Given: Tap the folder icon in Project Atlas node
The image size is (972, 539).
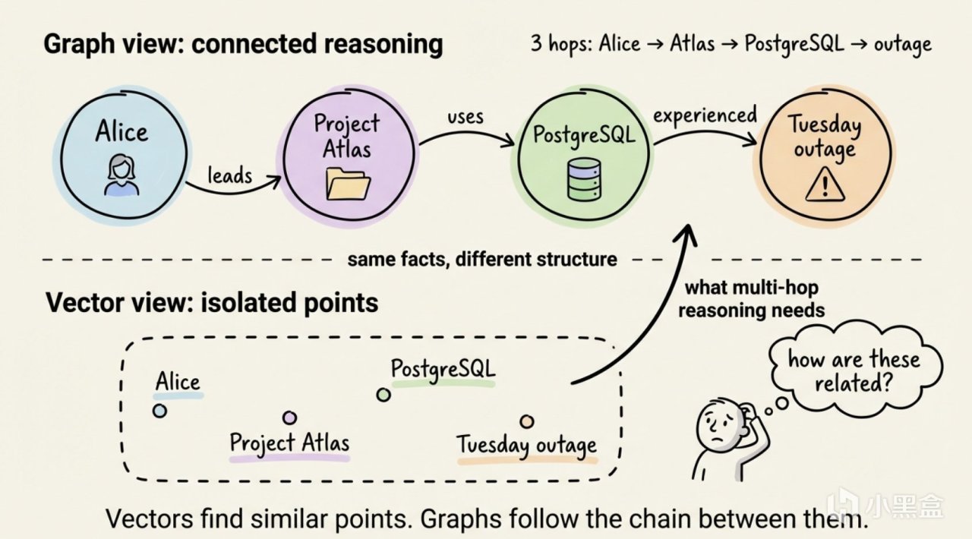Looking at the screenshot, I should pos(348,184).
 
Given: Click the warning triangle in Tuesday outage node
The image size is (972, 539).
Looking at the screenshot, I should pos(824,184).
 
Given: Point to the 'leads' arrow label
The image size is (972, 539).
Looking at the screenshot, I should pos(229,175).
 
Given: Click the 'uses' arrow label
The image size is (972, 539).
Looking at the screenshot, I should pos(465,118).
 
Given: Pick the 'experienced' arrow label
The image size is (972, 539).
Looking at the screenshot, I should pos(705,115).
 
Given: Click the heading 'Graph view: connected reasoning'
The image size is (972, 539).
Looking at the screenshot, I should pos(243,44).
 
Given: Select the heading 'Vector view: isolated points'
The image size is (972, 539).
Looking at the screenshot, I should pos(212,303).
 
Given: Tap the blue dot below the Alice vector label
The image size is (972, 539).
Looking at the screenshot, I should pos(159,411).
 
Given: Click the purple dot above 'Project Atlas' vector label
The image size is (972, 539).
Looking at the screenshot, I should pos(289,418).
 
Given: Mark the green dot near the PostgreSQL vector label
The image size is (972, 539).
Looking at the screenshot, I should pos(383,395).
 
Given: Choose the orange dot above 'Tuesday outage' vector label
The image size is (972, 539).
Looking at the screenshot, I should pos(526,421).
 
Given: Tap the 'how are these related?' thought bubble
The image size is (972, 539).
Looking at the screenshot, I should pos(853,370).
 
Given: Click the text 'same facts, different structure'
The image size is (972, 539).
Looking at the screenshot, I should pos(482,259).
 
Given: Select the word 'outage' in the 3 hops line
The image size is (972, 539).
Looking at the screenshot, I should pos(901,44).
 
